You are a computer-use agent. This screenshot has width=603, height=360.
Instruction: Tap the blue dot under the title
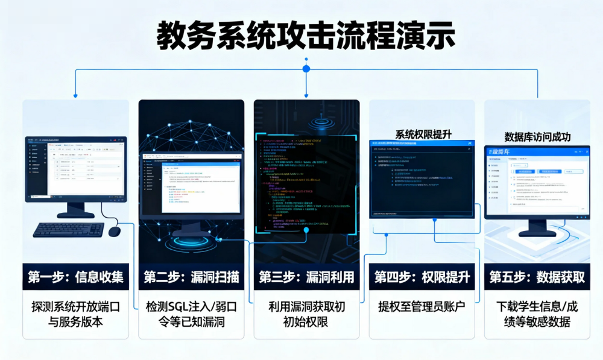pos(306,69)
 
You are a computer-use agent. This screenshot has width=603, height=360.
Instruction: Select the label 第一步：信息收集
pos(75,277)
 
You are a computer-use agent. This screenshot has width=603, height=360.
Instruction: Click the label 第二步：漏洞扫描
pos(191,277)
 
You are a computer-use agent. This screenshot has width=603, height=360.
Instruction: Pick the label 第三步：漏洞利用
pos(306,277)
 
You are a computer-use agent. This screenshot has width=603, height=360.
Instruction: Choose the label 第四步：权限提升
pos(421,277)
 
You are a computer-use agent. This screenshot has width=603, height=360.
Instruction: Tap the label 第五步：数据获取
pos(537,277)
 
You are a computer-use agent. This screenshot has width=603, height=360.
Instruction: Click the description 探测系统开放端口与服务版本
pos(75,314)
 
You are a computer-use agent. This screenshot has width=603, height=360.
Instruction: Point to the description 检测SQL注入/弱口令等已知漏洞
pos(191,314)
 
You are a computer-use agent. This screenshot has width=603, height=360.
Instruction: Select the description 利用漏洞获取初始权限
pos(306,314)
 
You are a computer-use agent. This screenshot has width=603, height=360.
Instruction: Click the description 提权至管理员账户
pos(421,307)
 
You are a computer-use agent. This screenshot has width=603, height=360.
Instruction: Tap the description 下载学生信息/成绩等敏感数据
pos(537,314)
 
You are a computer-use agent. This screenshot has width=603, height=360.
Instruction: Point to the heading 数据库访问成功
pos(537,136)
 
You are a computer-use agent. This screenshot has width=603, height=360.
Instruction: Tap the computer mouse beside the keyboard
pos(114,231)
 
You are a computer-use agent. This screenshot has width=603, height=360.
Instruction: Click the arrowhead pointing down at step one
pos(75,95)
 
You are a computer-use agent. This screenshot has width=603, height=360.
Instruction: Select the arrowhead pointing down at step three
pos(306,95)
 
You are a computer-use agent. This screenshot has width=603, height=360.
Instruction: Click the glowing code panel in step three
pos(306,184)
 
